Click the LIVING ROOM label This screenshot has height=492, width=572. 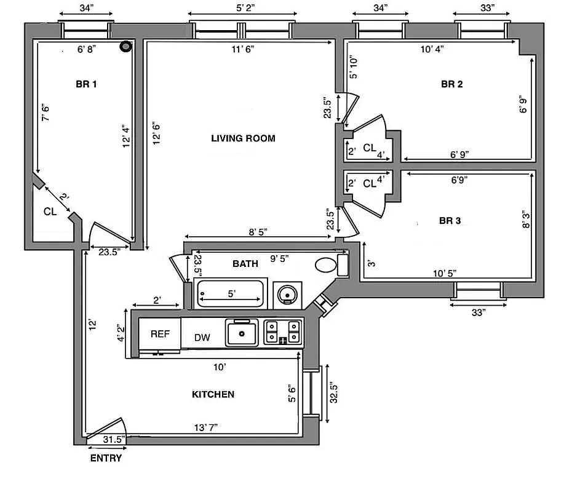(x=243, y=138)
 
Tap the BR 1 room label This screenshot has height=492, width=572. (x=86, y=85)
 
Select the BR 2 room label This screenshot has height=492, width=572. (x=451, y=85)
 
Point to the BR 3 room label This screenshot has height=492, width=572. (x=450, y=221)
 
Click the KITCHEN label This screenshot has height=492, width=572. (x=213, y=394)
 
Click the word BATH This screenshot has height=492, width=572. (x=245, y=264)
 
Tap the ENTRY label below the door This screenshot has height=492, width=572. (x=106, y=458)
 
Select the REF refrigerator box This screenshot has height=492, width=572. (x=160, y=334)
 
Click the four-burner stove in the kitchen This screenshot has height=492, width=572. (x=283, y=332)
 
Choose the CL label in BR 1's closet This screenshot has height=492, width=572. (x=50, y=211)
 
